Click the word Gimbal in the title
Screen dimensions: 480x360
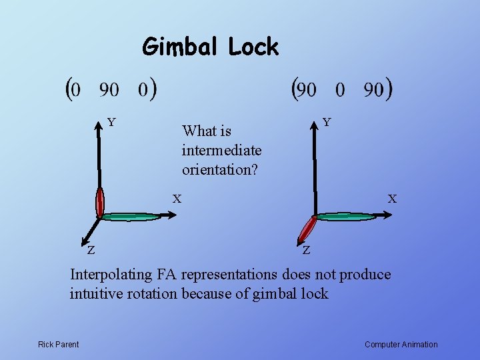(181, 47)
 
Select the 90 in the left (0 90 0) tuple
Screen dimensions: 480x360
(109, 89)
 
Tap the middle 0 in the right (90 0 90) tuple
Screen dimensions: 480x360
(340, 89)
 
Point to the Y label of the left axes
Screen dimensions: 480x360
(112, 122)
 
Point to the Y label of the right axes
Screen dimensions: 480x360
(327, 122)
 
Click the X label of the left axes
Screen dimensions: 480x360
(177, 198)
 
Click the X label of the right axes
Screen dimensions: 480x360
(392, 198)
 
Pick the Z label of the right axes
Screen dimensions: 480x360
(305, 251)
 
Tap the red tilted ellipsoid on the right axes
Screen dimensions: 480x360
(307, 229)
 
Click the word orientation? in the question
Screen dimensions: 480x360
(219, 169)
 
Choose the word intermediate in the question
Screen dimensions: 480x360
(221, 150)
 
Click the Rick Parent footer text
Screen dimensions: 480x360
(58, 344)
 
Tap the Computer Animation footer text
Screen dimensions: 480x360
(401, 344)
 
